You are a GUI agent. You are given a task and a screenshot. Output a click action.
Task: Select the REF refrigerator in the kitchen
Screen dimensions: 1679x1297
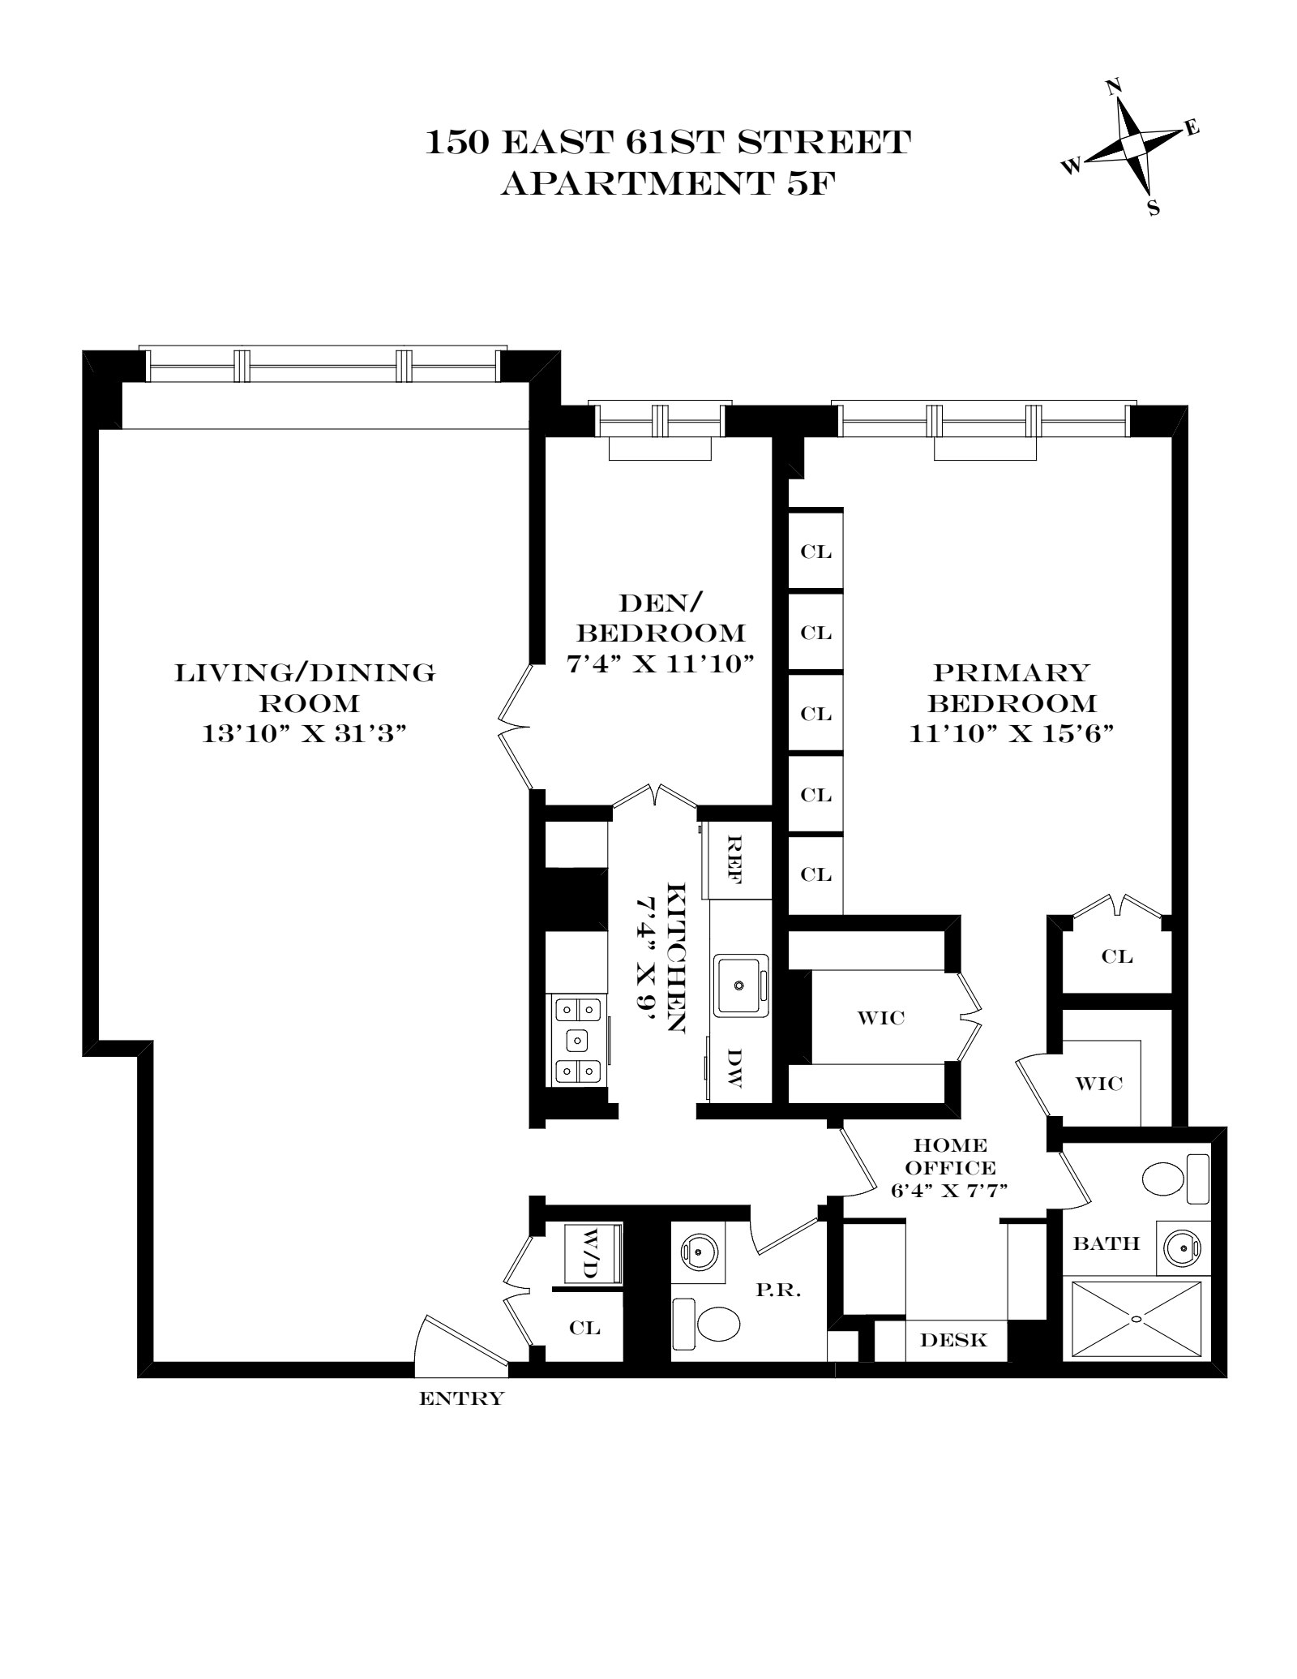[734, 861]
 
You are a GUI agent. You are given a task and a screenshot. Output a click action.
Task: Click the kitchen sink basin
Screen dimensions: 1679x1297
[739, 985]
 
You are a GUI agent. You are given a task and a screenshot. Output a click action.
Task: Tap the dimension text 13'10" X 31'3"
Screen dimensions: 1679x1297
[303, 734]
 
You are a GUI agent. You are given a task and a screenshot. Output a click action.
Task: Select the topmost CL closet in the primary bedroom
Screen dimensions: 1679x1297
[815, 552]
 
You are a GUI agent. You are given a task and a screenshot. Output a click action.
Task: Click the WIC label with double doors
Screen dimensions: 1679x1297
[881, 1017]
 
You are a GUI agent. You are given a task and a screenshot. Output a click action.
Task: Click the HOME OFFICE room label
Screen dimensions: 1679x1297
[949, 1157]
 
